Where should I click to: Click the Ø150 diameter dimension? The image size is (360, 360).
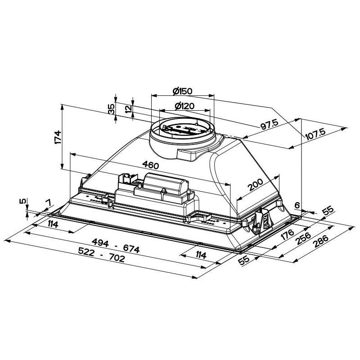coord(182,91)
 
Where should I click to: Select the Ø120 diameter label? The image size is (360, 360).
coord(183,106)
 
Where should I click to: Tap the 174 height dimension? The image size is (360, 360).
coord(57,137)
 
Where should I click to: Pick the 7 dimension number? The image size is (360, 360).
coord(47,204)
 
